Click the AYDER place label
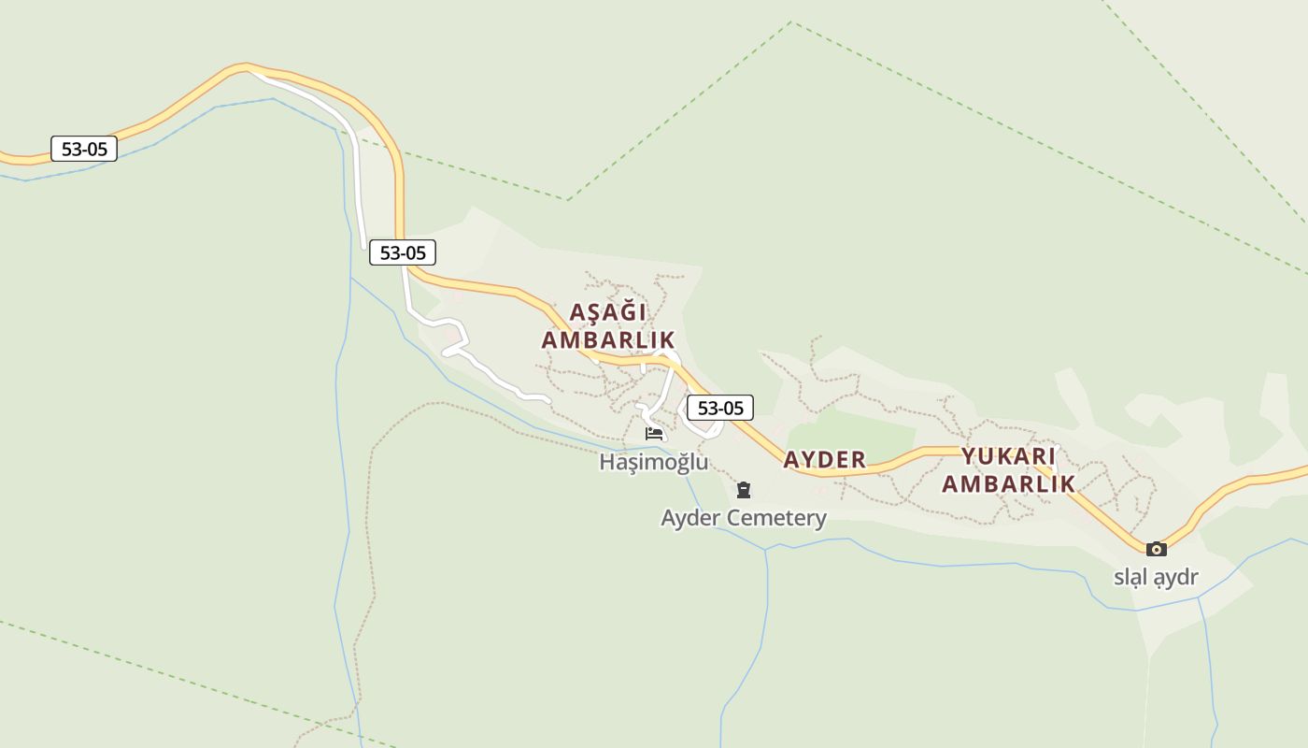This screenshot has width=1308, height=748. pyautogui.click(x=824, y=459)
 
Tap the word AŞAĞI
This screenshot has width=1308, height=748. pyautogui.click(x=608, y=311)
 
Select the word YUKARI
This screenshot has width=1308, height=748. pyautogui.click(x=1008, y=456)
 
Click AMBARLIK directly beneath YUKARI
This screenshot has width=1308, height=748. pyautogui.click(x=1008, y=483)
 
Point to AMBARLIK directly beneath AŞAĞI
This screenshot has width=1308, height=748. pyautogui.click(x=608, y=339)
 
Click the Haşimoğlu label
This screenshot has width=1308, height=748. pyautogui.click(x=653, y=462)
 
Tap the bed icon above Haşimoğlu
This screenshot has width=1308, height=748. pyautogui.click(x=654, y=434)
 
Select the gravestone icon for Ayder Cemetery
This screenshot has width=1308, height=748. pyautogui.click(x=744, y=489)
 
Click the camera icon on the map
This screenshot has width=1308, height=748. pyautogui.click(x=1157, y=549)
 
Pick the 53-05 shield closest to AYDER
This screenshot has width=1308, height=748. pyautogui.click(x=720, y=408)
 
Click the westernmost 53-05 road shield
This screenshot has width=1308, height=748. pyautogui.click(x=84, y=149)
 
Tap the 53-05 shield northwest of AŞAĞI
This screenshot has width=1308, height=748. pyautogui.click(x=403, y=252)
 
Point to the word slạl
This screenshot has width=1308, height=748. pyautogui.click(x=1131, y=577)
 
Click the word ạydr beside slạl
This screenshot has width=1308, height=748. pyautogui.click(x=1175, y=578)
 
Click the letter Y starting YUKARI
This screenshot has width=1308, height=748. pyautogui.click(x=969, y=456)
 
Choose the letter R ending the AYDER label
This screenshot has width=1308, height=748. pyautogui.click(x=859, y=459)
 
